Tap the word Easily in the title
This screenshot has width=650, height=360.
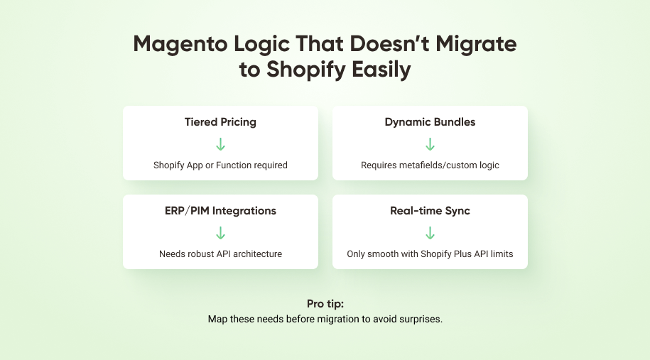(377, 70)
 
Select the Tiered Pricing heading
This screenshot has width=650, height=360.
(220, 122)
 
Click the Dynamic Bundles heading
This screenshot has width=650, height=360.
(430, 122)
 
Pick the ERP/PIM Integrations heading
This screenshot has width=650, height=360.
(220, 211)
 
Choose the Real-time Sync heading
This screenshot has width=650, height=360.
(430, 211)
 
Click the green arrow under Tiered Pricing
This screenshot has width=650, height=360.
(220, 144)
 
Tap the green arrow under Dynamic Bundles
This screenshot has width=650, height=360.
(430, 144)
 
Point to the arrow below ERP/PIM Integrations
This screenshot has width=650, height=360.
(220, 233)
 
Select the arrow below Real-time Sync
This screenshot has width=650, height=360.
(430, 233)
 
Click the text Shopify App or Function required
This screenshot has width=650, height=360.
(220, 165)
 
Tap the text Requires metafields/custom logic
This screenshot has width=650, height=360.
(430, 165)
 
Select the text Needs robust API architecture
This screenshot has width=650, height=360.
(220, 253)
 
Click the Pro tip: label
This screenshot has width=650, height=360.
(325, 304)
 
